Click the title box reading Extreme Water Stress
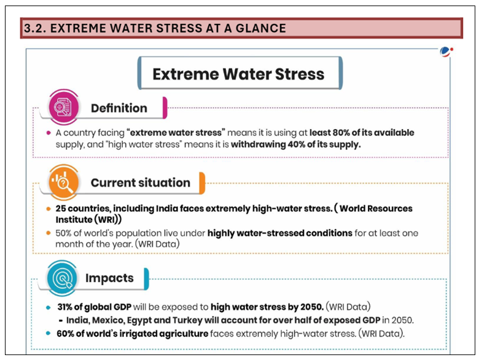[x=238, y=74]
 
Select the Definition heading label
[x=119, y=108]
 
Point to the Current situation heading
[x=140, y=182]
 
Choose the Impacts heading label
[x=109, y=278]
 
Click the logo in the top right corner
[x=446, y=52]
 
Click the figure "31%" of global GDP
[x=66, y=306]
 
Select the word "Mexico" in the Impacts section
[x=107, y=319]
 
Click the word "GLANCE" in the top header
[x=258, y=28]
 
